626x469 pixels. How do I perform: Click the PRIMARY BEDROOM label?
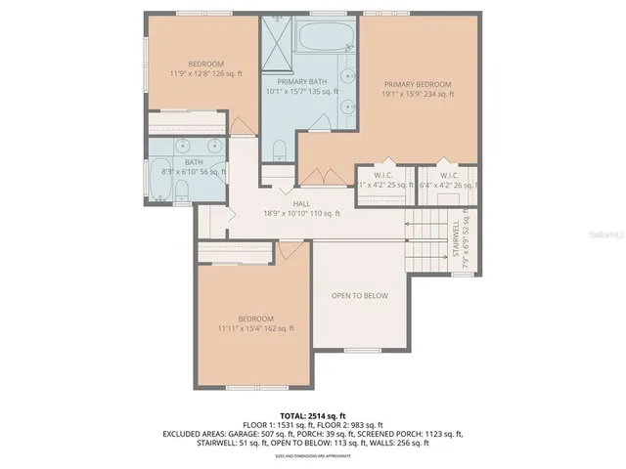coord(418,85)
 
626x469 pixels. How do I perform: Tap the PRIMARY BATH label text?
coord(301,82)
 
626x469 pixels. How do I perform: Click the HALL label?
coord(300,204)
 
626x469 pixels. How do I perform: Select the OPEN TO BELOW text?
coord(359,295)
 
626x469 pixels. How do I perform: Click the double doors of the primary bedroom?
coord(313,176)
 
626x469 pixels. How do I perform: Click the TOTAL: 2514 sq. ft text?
coord(312,414)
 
